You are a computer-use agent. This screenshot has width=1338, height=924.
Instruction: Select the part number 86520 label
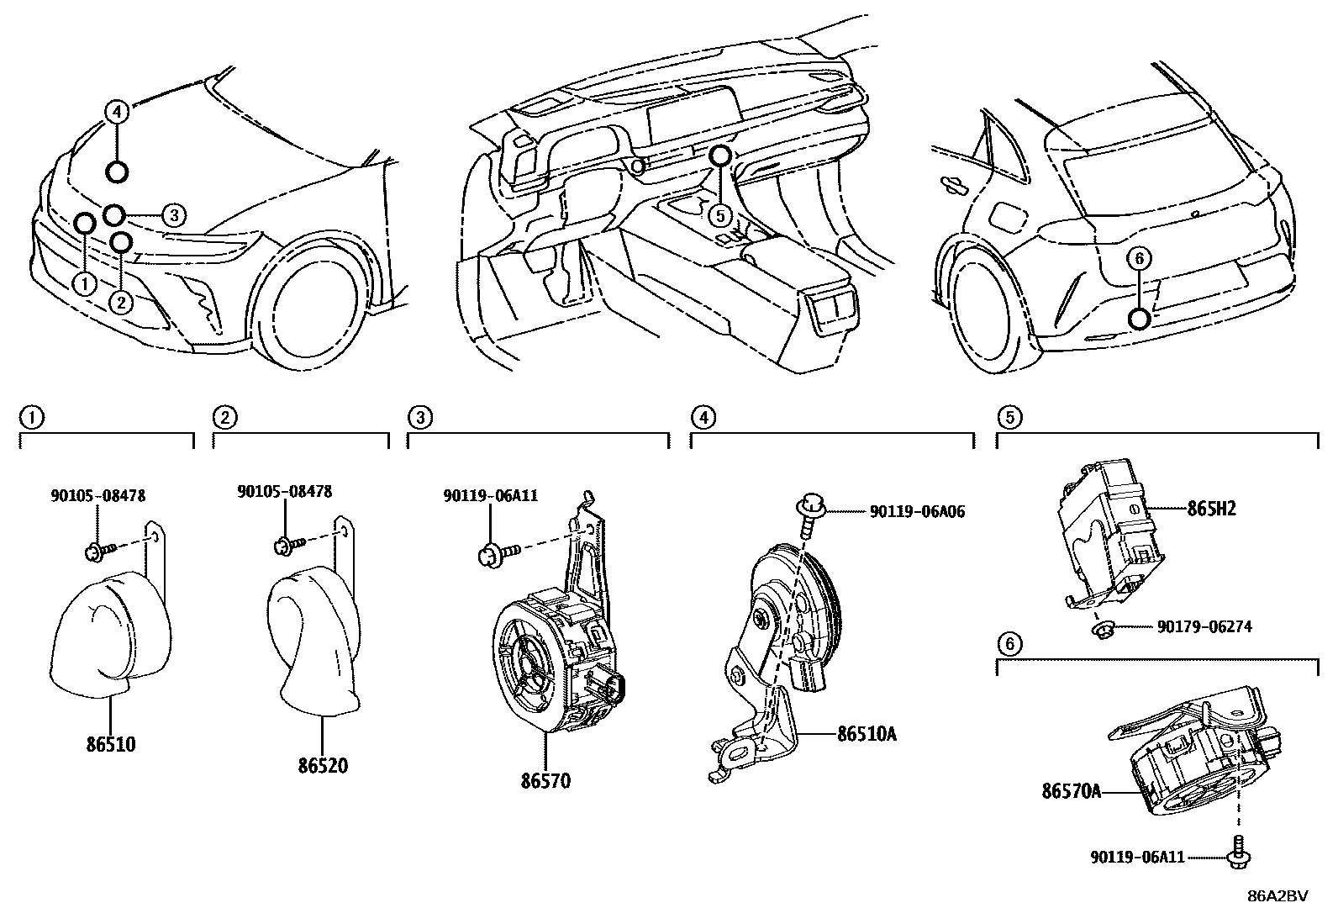click(321, 766)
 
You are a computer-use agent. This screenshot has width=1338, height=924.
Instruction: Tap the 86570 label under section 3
click(545, 781)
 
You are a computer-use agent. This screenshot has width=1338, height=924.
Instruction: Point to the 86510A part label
click(867, 734)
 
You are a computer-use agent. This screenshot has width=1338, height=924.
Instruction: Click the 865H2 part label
click(1211, 509)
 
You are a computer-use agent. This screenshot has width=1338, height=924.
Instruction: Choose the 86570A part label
click(1071, 791)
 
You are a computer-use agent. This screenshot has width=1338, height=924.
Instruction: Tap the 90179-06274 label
click(1204, 626)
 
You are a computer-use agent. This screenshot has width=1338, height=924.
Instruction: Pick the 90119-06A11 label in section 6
click(1137, 857)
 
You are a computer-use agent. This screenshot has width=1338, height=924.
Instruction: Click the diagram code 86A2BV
click(1277, 895)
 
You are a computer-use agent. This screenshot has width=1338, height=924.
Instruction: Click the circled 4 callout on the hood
click(117, 110)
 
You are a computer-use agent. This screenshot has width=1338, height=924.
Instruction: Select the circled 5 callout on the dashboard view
click(719, 215)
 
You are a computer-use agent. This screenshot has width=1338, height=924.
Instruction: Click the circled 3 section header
click(420, 415)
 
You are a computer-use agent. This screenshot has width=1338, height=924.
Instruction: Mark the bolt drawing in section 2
click(284, 546)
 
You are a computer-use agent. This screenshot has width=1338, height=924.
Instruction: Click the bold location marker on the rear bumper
click(1139, 318)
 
